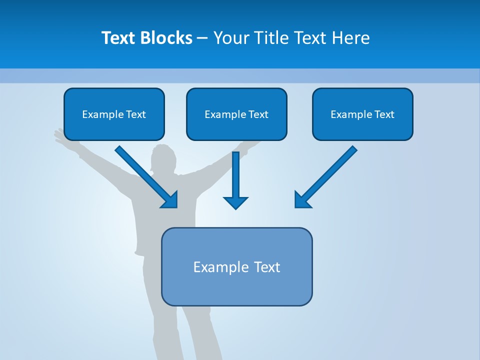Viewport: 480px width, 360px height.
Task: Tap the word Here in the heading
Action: (351, 38)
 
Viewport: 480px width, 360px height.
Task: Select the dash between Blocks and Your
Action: (202, 38)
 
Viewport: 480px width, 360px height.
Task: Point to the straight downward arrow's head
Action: (235, 202)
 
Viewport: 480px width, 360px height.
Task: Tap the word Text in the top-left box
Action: (135, 114)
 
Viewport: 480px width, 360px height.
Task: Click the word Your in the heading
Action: (231, 38)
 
